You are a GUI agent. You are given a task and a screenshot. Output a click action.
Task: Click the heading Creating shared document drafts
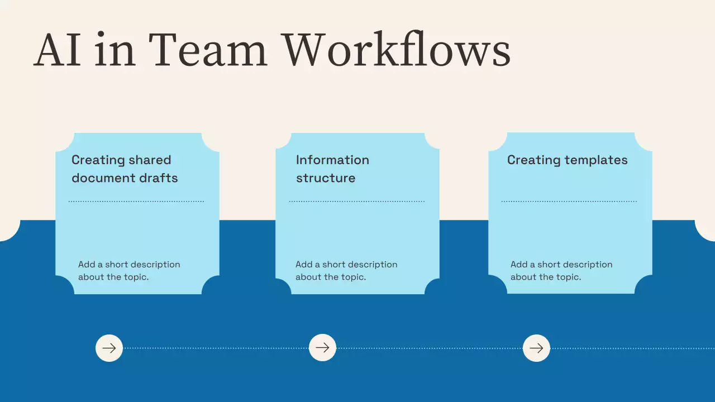pyautogui.click(x=125, y=169)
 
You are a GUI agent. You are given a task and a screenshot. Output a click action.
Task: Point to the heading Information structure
pyautogui.click(x=332, y=169)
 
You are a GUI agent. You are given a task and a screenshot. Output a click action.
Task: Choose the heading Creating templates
pyautogui.click(x=567, y=160)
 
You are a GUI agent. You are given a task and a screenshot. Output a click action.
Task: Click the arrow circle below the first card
pyautogui.click(x=109, y=348)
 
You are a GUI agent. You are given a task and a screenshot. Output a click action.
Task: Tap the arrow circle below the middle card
pyautogui.click(x=322, y=348)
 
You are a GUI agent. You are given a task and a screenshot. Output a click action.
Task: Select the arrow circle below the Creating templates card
pyautogui.click(x=536, y=348)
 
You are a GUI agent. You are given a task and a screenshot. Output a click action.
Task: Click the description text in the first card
pyautogui.click(x=129, y=271)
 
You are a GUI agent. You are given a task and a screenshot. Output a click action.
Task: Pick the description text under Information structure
pyautogui.click(x=346, y=271)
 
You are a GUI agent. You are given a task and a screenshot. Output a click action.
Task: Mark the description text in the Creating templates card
pyautogui.click(x=561, y=271)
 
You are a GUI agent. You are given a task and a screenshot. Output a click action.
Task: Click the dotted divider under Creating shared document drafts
pyautogui.click(x=136, y=201)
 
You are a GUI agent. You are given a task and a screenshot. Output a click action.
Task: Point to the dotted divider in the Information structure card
pyautogui.click(x=357, y=201)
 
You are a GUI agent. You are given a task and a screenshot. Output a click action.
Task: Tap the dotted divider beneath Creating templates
pyautogui.click(x=569, y=201)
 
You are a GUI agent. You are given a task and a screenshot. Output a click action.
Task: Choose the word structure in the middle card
pyautogui.click(x=326, y=178)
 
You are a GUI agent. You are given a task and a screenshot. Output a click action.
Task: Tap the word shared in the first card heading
pyautogui.click(x=149, y=160)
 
